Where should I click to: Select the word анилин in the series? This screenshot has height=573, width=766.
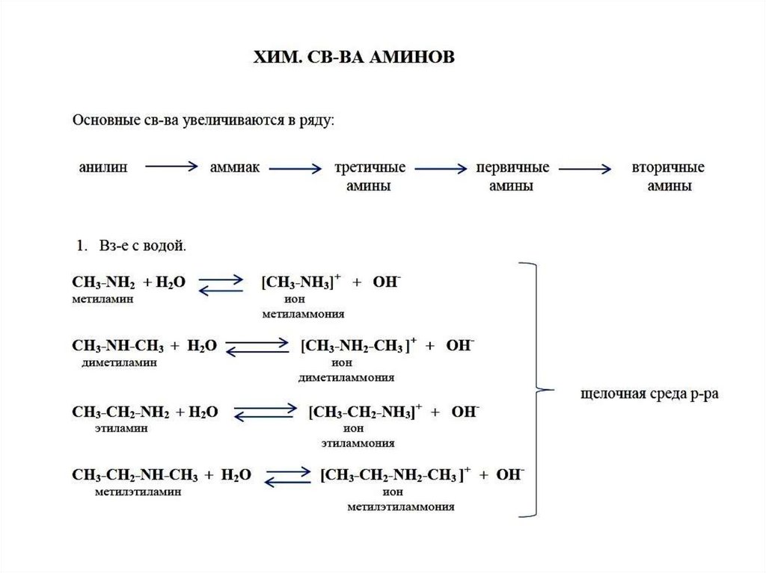[x=103, y=167]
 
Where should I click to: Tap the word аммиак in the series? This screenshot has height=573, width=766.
[x=234, y=167]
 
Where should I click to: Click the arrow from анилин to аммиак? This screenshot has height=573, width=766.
[x=171, y=167]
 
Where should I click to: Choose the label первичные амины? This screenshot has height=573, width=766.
[x=512, y=177]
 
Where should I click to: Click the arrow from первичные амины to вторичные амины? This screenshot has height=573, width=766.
[x=585, y=169]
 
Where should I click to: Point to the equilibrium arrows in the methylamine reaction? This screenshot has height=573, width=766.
[x=220, y=283]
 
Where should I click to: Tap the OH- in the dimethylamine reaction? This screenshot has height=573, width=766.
[x=460, y=346]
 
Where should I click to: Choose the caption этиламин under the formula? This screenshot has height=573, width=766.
[x=121, y=428]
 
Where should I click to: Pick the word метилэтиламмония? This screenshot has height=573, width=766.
[x=401, y=507]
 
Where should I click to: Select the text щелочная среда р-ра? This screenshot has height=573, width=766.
[x=649, y=394]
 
